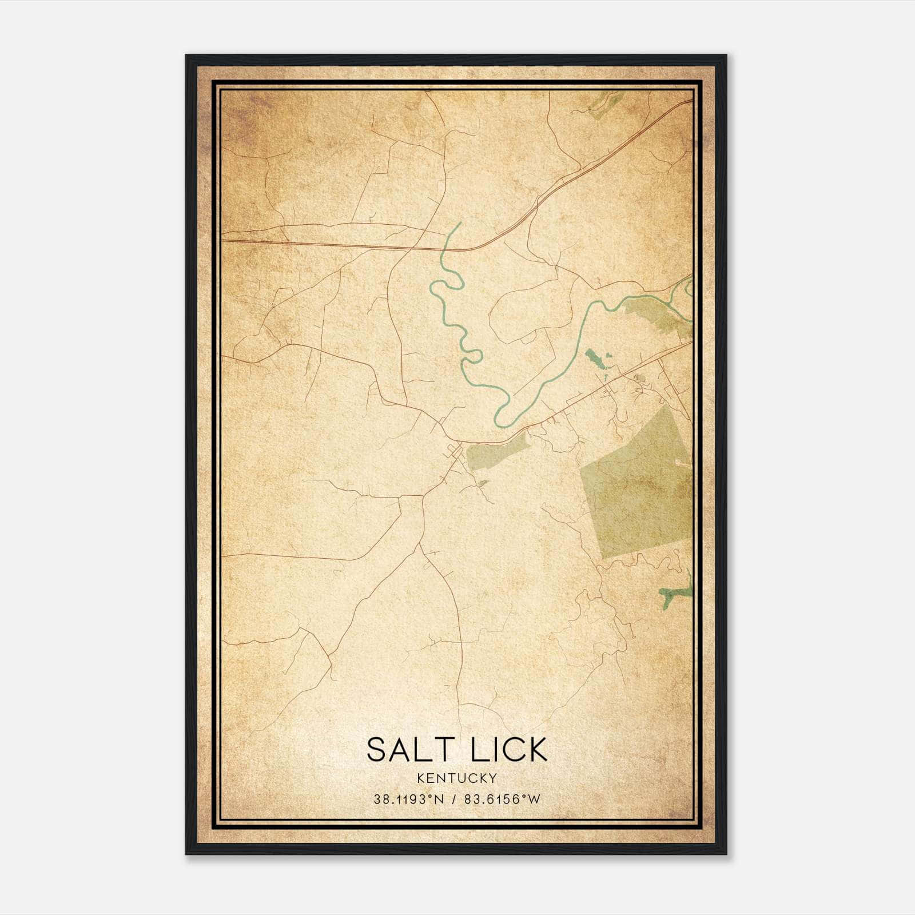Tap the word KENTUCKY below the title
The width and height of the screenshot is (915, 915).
[x=457, y=778]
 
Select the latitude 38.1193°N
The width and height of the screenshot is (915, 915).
[x=408, y=799]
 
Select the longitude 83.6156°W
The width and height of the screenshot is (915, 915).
[x=502, y=799]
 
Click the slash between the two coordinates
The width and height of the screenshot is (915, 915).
[x=453, y=799]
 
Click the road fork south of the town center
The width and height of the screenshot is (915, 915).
[x=423, y=495]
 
